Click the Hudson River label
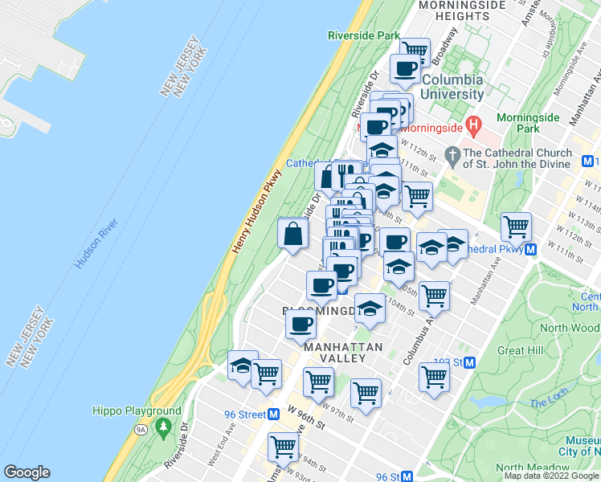click(97, 244)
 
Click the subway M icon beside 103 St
click(470, 362)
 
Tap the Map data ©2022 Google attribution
click(551, 476)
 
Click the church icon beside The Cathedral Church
click(452, 153)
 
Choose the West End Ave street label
click(220, 450)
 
